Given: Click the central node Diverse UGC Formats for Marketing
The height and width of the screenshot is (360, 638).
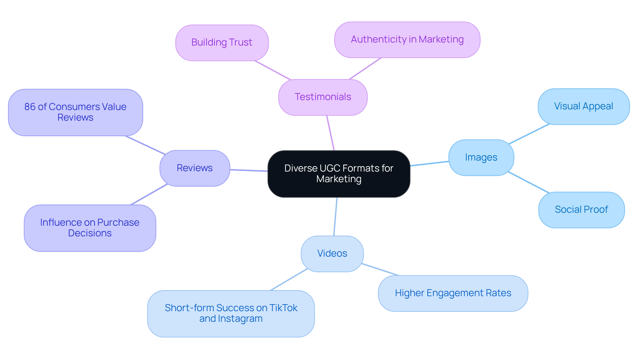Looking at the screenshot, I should click(339, 174).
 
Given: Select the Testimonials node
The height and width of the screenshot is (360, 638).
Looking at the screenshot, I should click(323, 97).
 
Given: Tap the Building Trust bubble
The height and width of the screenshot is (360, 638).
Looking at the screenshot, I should click(222, 43).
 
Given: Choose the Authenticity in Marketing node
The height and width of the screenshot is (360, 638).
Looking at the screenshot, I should click(407, 40).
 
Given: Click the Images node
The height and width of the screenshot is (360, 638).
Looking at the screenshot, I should click(481, 157).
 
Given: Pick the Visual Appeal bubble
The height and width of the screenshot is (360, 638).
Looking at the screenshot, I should click(584, 106).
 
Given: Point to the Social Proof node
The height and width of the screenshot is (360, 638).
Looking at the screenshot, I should click(581, 209).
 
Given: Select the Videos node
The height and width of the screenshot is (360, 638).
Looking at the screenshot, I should click(332, 253).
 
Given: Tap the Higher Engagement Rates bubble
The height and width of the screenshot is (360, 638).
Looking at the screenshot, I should click(453, 293).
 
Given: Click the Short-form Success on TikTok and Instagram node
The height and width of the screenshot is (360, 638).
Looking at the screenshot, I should click(231, 313).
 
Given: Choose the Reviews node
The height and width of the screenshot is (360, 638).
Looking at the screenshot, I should click(195, 168).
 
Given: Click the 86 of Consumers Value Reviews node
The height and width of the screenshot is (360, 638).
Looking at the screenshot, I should click(75, 112).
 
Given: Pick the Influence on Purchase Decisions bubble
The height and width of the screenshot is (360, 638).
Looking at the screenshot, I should click(90, 228).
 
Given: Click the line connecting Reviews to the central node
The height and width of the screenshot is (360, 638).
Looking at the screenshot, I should click(249, 170).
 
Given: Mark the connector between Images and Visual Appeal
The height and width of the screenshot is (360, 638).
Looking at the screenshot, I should click(529, 134).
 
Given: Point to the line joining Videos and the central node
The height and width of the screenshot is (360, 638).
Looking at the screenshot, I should click(335, 216).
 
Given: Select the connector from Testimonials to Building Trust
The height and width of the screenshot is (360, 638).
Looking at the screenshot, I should click(272, 70).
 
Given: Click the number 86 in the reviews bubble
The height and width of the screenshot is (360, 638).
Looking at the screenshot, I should click(30, 107).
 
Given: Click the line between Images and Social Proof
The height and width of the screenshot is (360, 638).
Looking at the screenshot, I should click(528, 182).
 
